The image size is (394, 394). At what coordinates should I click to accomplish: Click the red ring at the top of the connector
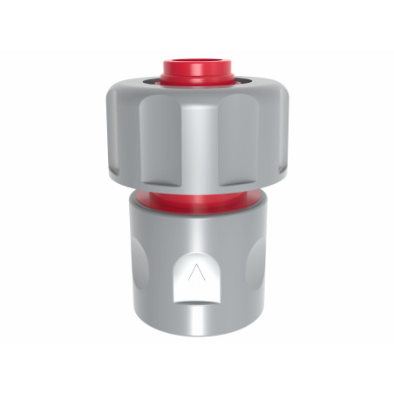click(197, 71)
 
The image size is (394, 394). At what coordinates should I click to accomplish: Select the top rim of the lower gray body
click(197, 218)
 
